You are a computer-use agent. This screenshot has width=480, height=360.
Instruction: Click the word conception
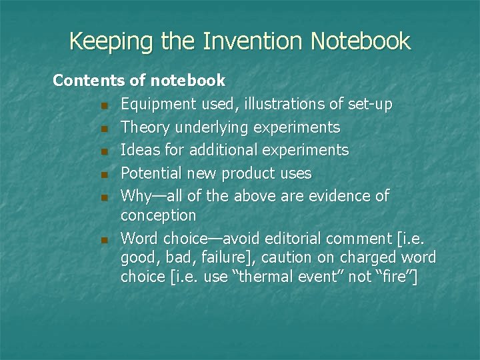[x=158, y=215]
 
